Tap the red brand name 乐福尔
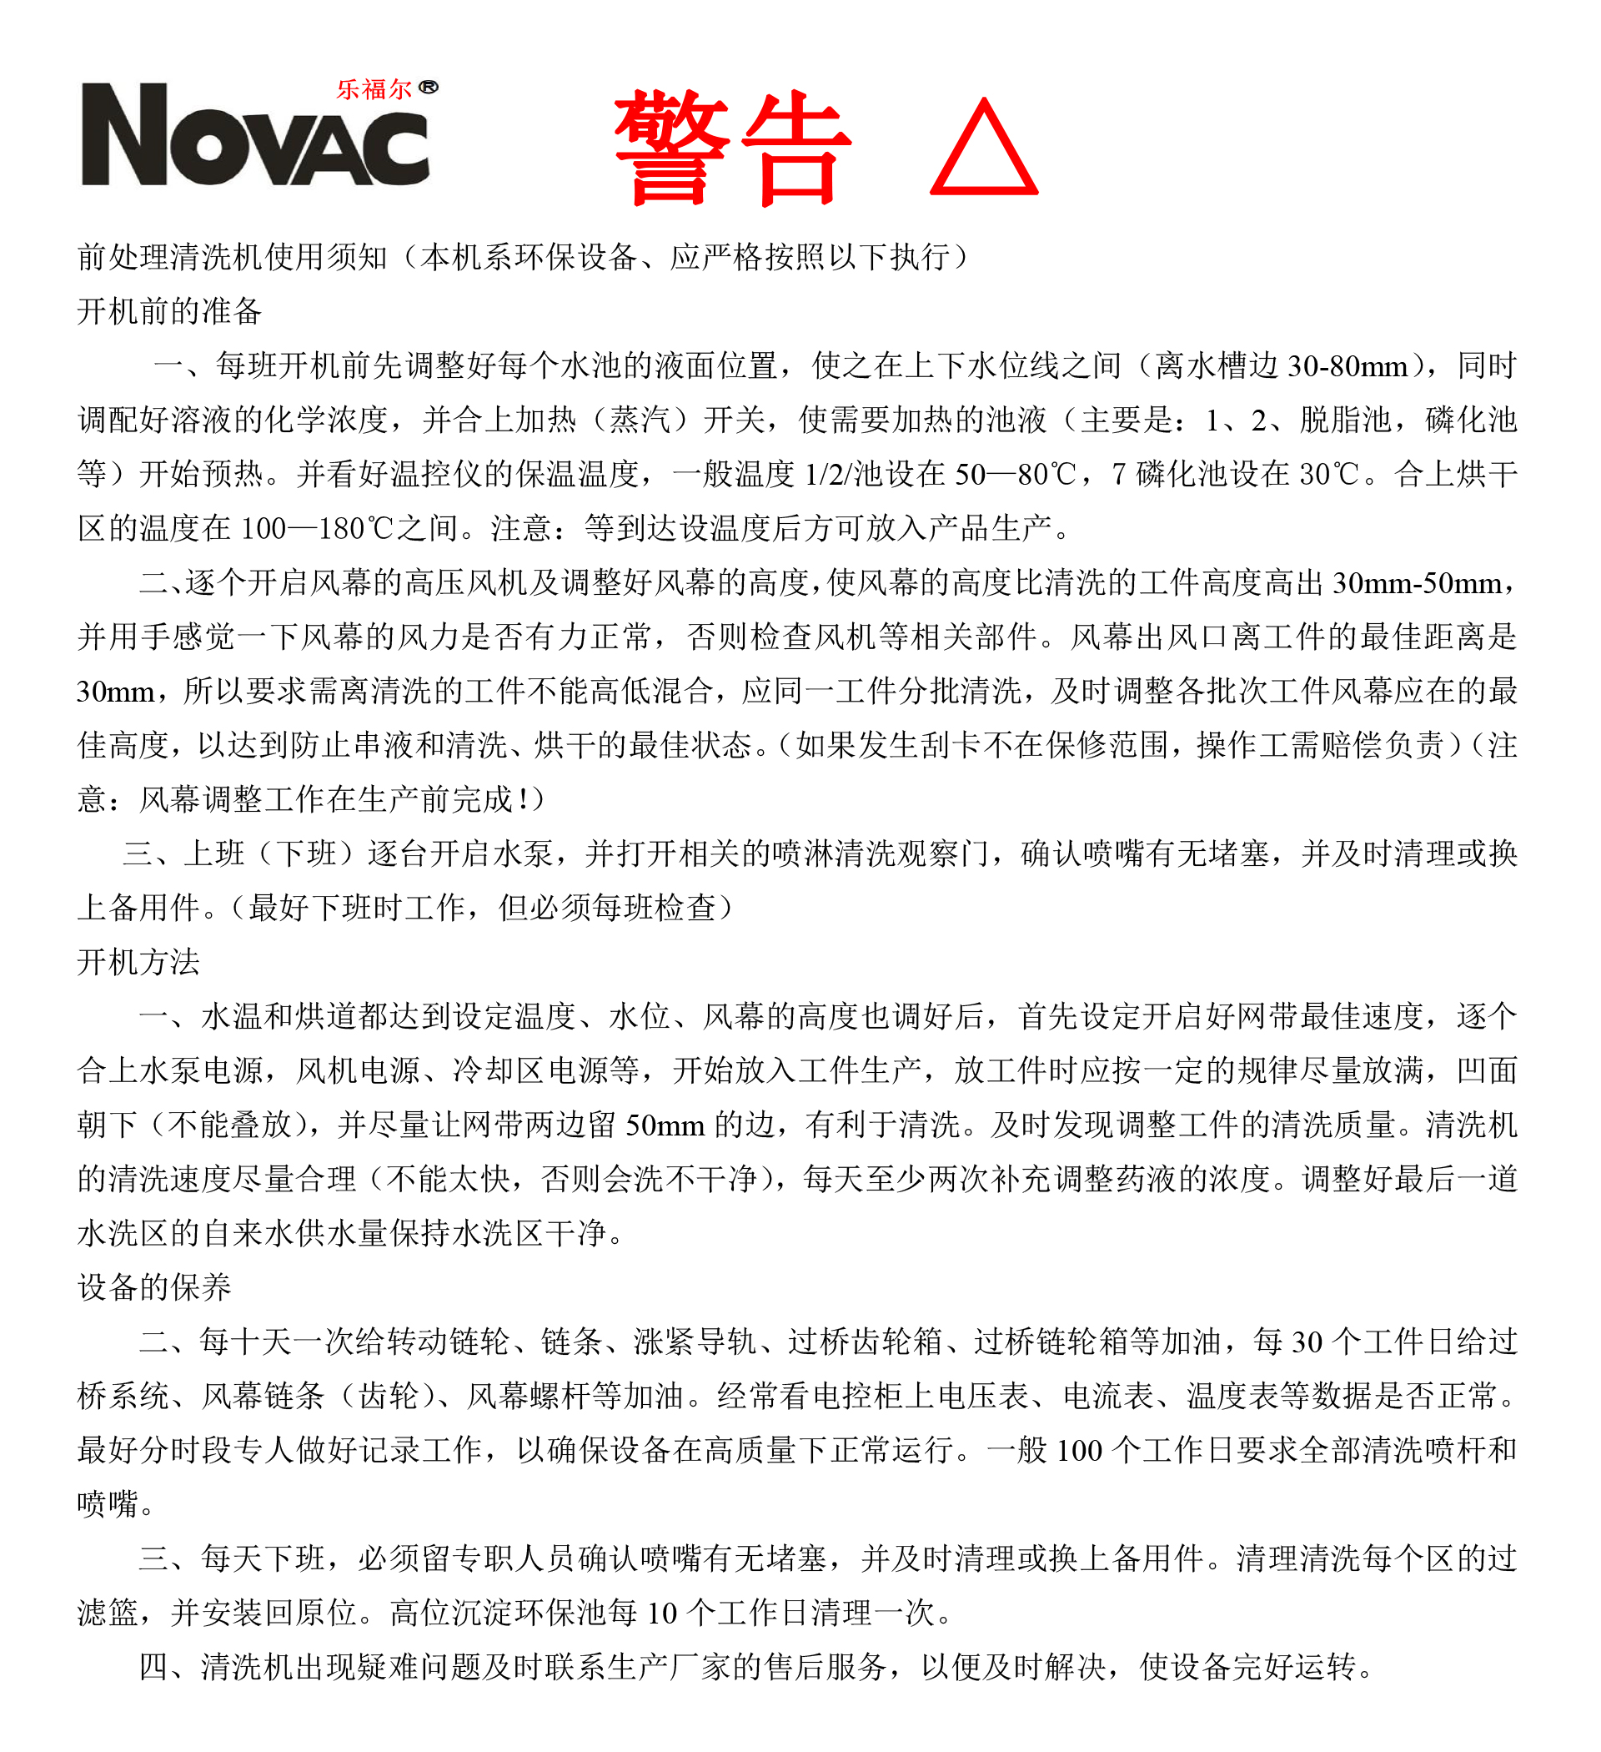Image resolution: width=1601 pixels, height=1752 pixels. (374, 88)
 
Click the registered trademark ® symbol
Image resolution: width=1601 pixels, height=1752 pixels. (429, 87)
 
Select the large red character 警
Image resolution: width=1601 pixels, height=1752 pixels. (671, 148)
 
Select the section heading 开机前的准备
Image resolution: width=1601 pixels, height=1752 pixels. (169, 311)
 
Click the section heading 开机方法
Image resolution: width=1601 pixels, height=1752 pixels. (138, 962)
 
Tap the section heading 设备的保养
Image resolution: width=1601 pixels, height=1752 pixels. (153, 1287)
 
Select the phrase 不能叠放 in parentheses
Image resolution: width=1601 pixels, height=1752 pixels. (229, 1125)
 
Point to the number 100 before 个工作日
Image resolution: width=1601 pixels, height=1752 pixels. (1079, 1450)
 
